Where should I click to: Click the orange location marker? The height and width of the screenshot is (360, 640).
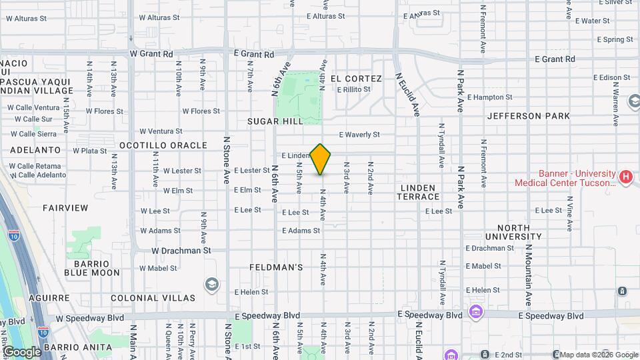coord(321,159)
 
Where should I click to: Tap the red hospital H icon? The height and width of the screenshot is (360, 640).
coord(625,177)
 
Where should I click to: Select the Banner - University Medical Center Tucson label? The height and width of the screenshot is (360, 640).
coord(565,178)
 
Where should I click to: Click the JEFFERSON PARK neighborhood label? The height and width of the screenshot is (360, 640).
coord(529,116)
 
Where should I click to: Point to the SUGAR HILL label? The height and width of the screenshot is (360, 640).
coord(275,121)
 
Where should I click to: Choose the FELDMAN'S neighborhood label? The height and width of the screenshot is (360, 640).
coord(277,267)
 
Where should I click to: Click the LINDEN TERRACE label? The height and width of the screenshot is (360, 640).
coord(419,192)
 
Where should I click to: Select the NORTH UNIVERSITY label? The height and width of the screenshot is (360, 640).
coord(518,232)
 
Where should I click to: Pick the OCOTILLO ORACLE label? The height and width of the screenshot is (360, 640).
coord(163,145)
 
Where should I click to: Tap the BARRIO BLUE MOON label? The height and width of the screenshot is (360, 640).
coord(92,268)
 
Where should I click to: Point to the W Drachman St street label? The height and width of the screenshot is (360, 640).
coord(181,251)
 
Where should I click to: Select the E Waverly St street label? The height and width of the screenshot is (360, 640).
coord(358,135)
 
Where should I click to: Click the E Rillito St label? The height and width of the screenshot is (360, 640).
coord(353,90)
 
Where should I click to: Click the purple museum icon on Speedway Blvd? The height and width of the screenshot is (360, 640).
coord(475,311)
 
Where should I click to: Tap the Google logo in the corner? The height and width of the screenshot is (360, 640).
coord(21,351)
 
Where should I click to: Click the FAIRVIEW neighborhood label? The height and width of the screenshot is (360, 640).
coord(65,208)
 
